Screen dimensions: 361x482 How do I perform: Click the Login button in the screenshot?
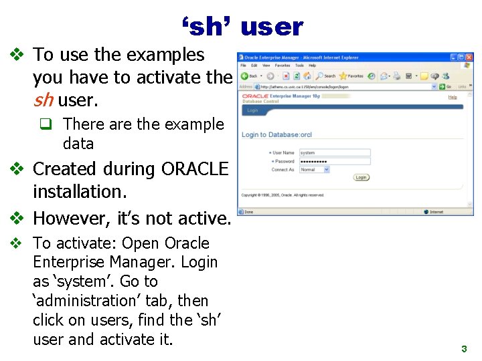point(361,178)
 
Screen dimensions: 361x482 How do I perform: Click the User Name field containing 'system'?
point(334,152)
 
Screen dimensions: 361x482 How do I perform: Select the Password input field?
point(334,161)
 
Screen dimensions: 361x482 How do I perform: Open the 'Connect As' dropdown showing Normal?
point(315,170)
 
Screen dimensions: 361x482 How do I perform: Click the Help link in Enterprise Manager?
point(453,97)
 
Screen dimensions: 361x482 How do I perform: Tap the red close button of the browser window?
point(469,57)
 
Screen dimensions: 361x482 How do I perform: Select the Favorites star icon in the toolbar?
point(343,76)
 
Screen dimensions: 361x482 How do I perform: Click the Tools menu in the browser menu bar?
point(299,66)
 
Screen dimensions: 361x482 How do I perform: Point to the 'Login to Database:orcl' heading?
point(276,135)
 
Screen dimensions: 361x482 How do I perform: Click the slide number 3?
point(463,349)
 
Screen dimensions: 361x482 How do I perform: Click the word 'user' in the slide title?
point(272,27)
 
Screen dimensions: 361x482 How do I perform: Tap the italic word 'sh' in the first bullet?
point(43,101)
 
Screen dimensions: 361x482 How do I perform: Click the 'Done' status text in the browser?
point(249,212)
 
